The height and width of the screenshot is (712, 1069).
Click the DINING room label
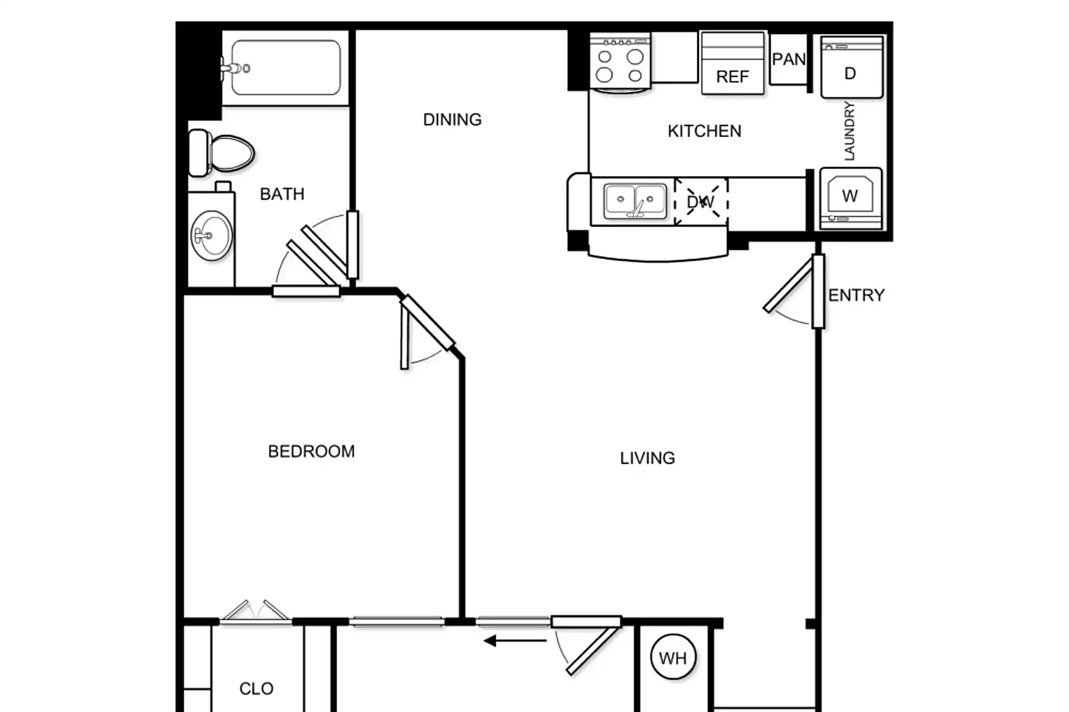452,120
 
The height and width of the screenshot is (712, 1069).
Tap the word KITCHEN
704,131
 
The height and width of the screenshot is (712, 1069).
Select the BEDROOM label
311,451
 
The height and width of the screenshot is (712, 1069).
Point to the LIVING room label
647,458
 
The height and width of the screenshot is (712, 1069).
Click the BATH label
282,194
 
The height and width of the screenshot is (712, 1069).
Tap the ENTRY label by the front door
856,295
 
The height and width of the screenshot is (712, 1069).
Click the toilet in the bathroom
221,153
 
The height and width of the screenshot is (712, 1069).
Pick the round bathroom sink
212,236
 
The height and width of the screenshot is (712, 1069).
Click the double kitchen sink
635,201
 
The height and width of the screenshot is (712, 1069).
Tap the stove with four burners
620,62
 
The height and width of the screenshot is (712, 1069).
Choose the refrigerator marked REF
732,63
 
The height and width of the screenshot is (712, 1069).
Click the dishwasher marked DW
701,202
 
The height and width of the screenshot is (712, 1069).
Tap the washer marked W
851,198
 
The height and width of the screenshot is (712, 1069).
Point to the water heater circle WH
673,657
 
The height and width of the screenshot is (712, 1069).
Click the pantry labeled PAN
789,59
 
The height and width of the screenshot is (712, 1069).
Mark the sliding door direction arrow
515,641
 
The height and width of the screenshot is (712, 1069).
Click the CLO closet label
256,689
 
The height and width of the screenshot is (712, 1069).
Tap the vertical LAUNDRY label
849,131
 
